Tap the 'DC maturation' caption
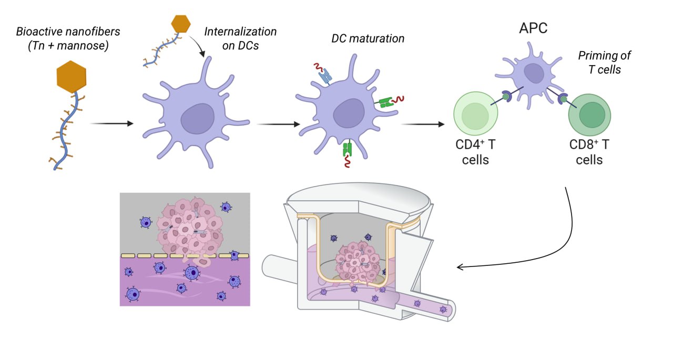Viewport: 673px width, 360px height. [368, 38]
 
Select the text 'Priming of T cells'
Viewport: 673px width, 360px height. [604, 62]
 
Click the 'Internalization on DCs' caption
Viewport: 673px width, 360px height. [240, 38]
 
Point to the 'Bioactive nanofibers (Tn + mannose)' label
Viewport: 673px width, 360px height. [68, 38]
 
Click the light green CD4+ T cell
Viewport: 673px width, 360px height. [476, 115]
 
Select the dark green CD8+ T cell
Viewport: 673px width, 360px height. [589, 114]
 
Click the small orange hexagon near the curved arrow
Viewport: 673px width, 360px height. [181, 24]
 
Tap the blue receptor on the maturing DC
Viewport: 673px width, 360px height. [325, 77]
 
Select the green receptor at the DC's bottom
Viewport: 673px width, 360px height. [347, 149]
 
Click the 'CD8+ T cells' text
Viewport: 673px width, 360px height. [589, 151]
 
